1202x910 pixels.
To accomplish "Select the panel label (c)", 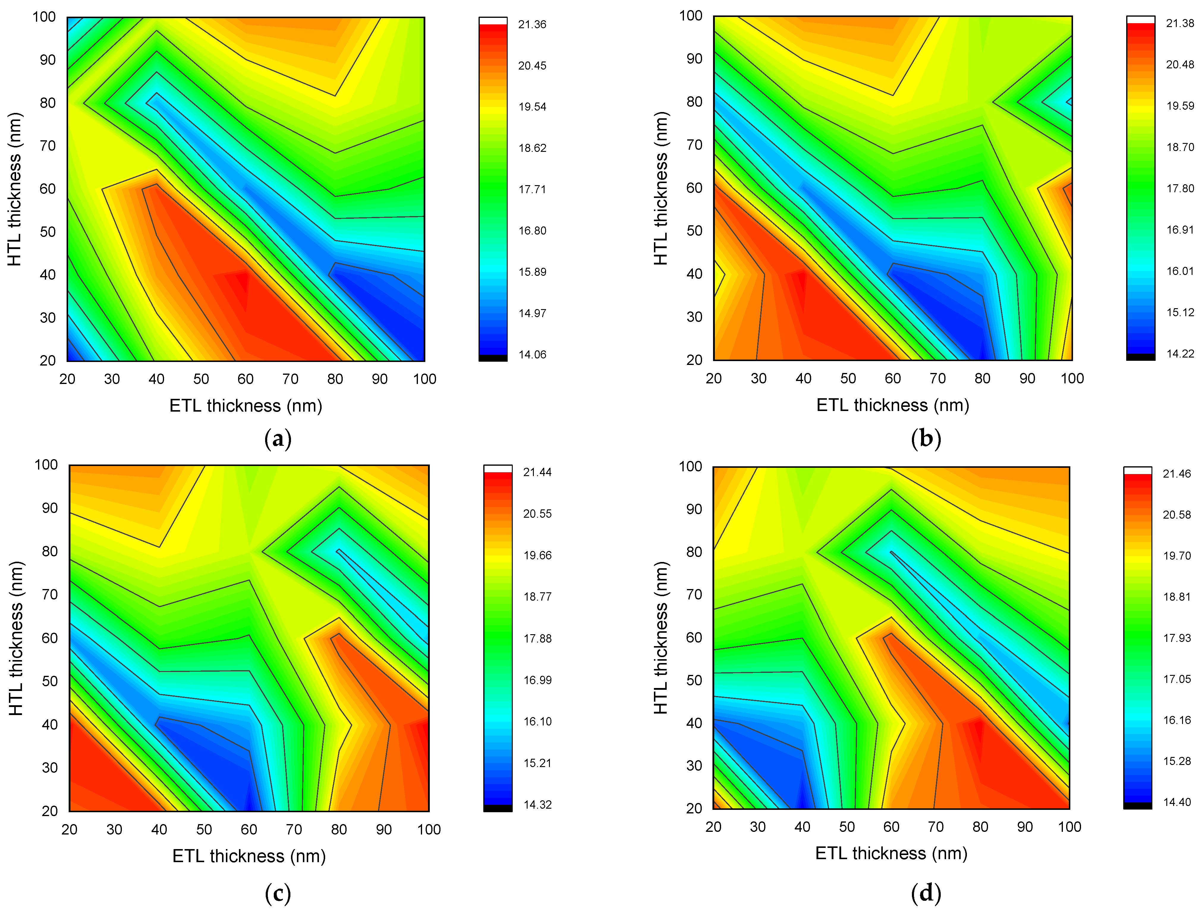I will coord(278,893).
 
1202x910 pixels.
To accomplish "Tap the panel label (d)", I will coord(925,893).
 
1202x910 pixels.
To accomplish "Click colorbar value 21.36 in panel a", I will coord(532,24).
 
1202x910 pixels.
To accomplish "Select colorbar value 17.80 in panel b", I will coord(1180,188).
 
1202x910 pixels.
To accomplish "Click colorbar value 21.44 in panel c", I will coord(537,473).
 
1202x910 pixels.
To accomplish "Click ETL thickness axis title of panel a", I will coord(246,406).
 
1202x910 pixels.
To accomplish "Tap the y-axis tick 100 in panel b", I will coord(691,16).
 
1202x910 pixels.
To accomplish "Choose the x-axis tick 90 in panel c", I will coord(384,829).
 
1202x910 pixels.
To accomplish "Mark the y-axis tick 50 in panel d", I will coord(694,680).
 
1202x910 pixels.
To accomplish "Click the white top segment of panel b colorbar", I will coord(1140,20).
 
